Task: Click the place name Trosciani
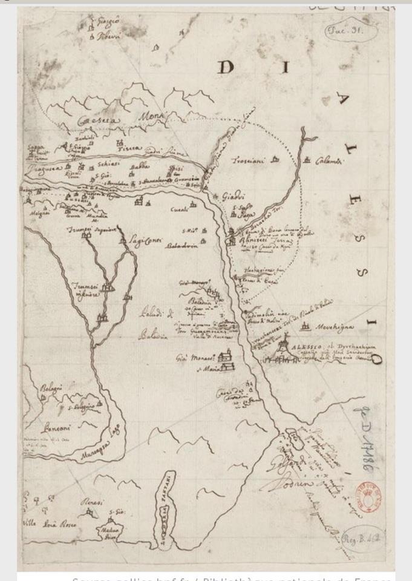250,161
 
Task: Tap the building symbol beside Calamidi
307,160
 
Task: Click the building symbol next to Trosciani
275,160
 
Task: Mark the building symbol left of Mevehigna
306,327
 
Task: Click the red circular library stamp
367,496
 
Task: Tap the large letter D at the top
225,67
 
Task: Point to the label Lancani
53,428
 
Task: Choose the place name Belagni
52,388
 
